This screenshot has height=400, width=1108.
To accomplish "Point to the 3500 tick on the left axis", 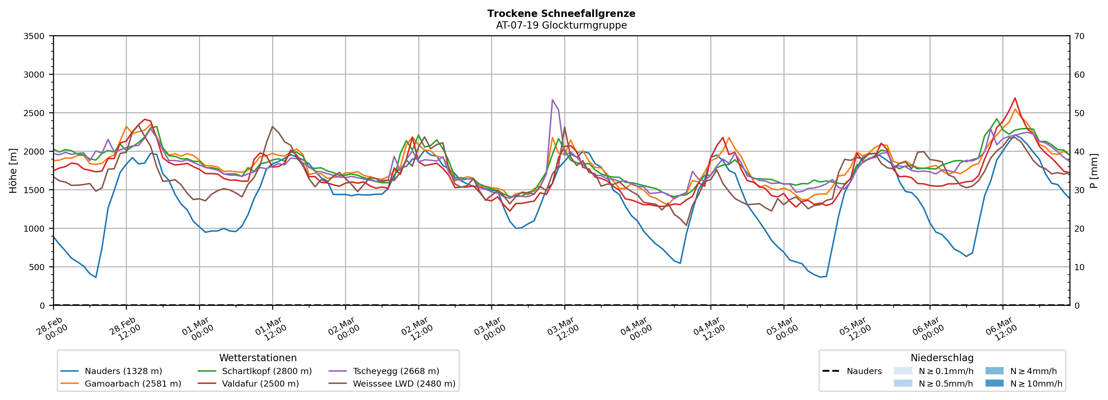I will (34, 36).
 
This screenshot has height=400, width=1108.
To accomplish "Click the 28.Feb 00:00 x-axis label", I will (52, 329).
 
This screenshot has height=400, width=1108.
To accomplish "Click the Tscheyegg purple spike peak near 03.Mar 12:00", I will (552, 100).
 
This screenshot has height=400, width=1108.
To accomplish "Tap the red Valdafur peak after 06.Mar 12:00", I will (1015, 98).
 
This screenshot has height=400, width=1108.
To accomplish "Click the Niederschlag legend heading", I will (942, 358).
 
